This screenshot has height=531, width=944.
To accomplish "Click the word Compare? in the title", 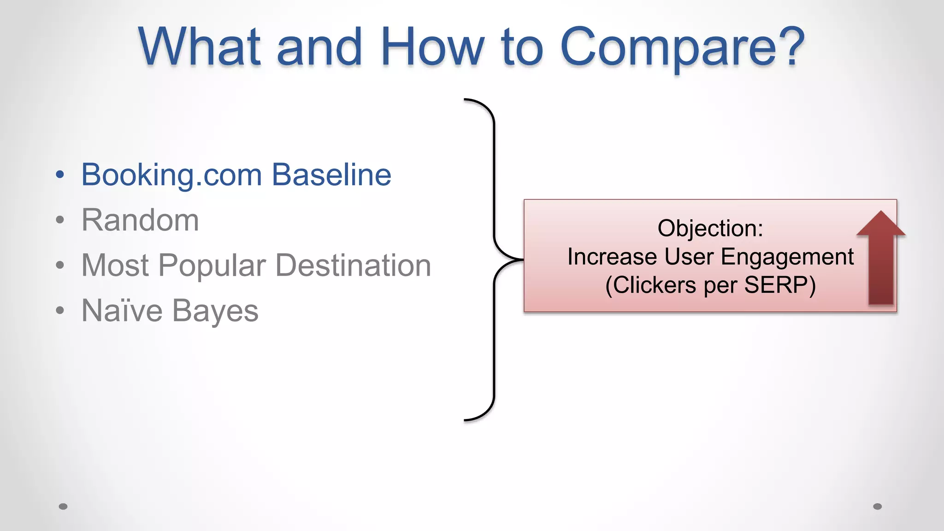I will click(682, 47).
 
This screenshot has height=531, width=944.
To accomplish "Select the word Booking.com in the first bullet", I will click(172, 175).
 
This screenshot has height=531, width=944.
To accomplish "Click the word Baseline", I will click(331, 175).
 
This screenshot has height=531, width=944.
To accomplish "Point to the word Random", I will click(140, 220).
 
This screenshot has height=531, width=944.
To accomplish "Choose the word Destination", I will click(353, 265).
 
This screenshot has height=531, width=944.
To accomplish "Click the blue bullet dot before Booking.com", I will click(60, 175).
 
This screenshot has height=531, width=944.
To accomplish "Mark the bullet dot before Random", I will click(60, 220).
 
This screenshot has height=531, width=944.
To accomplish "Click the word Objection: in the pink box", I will click(710, 228).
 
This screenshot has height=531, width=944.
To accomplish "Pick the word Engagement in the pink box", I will click(787, 257).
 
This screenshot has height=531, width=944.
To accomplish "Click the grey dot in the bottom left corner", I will click(63, 507).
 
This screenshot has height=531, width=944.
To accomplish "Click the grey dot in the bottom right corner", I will click(878, 507).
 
